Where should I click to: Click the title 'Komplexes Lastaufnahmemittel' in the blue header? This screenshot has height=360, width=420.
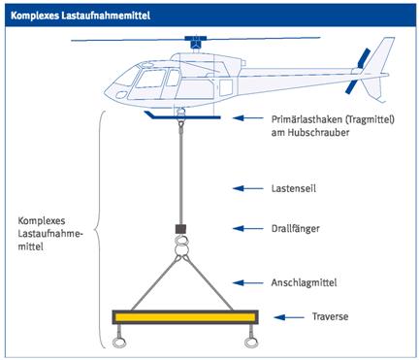click(81, 16)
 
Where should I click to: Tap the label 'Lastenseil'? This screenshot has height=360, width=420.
click(294, 188)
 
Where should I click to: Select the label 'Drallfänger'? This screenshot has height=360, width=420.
click(296, 229)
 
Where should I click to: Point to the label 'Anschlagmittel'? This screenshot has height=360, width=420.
click(304, 282)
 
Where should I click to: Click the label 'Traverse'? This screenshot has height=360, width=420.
click(330, 316)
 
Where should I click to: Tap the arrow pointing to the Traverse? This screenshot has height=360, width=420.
click(289, 317)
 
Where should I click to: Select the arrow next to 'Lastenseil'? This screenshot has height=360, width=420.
click(248, 188)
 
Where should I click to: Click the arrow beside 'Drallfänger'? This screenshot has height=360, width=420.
click(248, 229)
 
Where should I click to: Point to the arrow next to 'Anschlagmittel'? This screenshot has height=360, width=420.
click(248, 283)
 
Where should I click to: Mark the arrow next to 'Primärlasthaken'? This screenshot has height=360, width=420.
click(248, 118)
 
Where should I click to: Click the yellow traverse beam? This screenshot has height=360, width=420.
click(185, 317)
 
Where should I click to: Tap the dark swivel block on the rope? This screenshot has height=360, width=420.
click(180, 229)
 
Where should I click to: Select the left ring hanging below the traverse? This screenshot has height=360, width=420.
click(118, 343)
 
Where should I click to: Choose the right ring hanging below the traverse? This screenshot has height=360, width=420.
click(251, 343)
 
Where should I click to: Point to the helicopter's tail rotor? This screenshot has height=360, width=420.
click(358, 71)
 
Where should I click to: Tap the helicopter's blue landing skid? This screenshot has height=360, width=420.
click(182, 116)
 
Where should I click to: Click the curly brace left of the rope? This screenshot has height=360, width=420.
click(98, 230)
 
